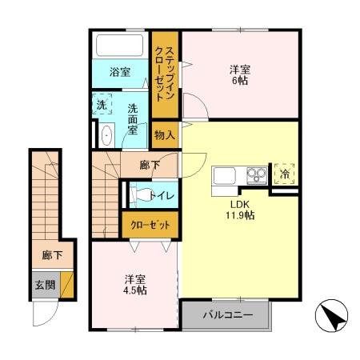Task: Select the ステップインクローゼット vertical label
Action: [165, 70]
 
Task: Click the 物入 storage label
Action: [164, 135]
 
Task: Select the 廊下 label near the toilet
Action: [150, 166]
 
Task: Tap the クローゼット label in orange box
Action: [150, 225]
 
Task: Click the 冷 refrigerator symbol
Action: [283, 173]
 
